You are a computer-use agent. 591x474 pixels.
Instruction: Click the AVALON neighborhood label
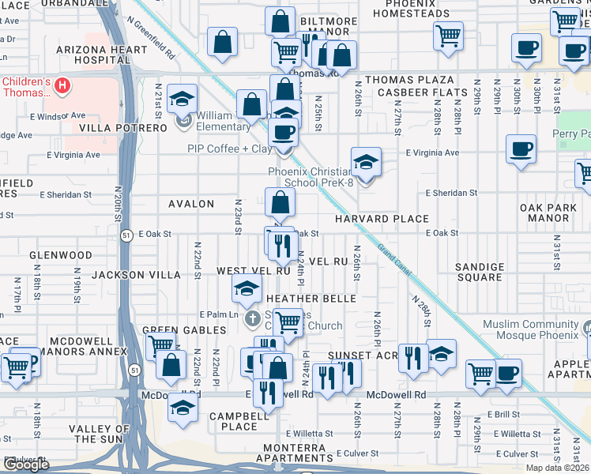[x=191, y=204]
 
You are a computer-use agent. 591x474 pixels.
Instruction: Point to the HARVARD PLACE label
[x=382, y=219]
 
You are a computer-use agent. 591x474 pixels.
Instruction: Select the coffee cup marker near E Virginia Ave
[x=521, y=149]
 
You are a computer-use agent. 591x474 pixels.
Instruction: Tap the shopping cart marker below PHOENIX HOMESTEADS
[x=448, y=35]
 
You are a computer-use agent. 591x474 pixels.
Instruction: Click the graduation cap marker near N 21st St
[x=183, y=98]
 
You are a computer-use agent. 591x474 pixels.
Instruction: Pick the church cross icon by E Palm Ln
[x=252, y=319]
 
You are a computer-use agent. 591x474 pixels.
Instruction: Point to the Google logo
[x=26, y=465]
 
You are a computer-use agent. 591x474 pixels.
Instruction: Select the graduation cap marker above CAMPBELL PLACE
[x=183, y=408]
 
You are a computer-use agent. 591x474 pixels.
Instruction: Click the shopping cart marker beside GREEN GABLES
[x=161, y=345]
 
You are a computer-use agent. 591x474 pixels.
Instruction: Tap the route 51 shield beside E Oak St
[x=126, y=234]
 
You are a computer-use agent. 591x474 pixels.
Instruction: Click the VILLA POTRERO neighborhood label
[x=122, y=127]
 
